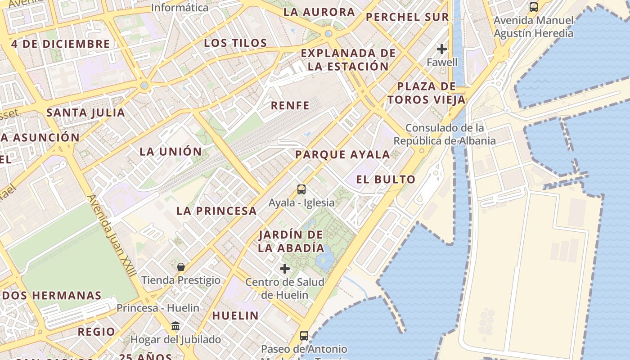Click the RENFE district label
(x=290, y=106)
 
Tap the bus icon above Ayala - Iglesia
(x=301, y=189)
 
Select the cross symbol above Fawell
(x=442, y=49)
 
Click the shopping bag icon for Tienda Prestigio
(x=181, y=267)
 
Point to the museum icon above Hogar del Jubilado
(x=175, y=326)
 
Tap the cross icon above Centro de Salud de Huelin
(x=285, y=269)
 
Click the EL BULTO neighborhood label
(x=386, y=180)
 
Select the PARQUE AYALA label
(x=342, y=155)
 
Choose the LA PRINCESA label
(x=216, y=211)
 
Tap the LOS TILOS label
(x=235, y=43)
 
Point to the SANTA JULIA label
(x=85, y=112)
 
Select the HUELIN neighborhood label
(x=235, y=316)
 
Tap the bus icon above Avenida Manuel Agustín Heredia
(x=534, y=7)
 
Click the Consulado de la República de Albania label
(x=445, y=134)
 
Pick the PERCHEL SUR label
(x=407, y=18)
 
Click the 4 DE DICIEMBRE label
(x=60, y=44)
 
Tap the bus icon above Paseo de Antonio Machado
(x=304, y=335)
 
